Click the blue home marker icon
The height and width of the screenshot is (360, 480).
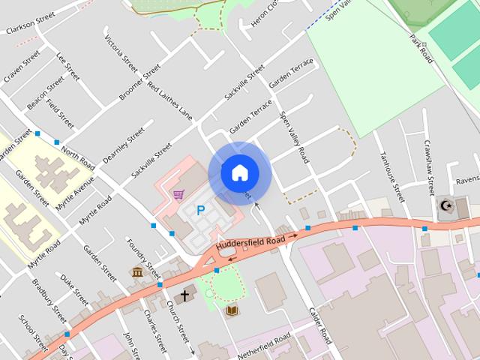[x=239, y=172]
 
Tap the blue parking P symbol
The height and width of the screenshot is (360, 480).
[x=200, y=211]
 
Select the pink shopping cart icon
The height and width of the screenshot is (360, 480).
[x=178, y=195]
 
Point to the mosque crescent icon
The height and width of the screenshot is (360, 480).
[x=446, y=205]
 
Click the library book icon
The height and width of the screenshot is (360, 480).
[x=231, y=310]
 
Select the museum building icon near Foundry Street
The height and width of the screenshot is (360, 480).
[x=138, y=271]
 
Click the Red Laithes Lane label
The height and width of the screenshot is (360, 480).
[x=169, y=101]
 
